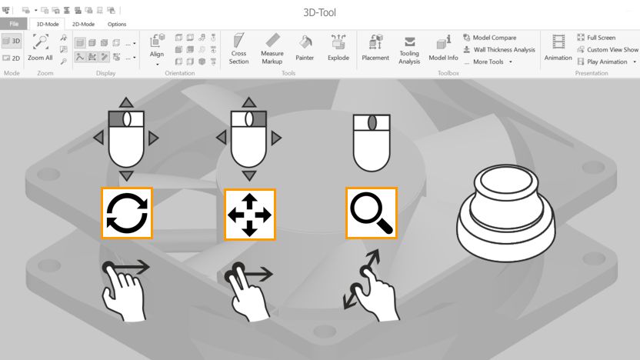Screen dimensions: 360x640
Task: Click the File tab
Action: click(14, 24)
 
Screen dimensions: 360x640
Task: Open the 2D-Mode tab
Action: click(83, 24)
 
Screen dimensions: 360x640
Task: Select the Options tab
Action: click(117, 24)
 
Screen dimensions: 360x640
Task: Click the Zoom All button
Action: click(40, 48)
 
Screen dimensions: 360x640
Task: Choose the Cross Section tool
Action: click(238, 48)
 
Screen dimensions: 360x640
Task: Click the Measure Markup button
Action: click(272, 48)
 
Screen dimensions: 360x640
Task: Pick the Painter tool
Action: click(305, 48)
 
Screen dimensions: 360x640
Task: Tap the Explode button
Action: click(338, 48)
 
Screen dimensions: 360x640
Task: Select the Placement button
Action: click(375, 48)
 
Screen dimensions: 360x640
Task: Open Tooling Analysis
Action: click(409, 48)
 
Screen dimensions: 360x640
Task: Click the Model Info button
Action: click(443, 48)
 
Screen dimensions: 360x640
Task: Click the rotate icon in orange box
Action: click(127, 212)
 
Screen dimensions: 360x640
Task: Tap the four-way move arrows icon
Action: click(249, 213)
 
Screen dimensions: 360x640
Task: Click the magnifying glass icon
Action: click(371, 212)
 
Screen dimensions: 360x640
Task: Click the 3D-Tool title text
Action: click(320, 12)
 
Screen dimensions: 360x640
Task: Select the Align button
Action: click(157, 48)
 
